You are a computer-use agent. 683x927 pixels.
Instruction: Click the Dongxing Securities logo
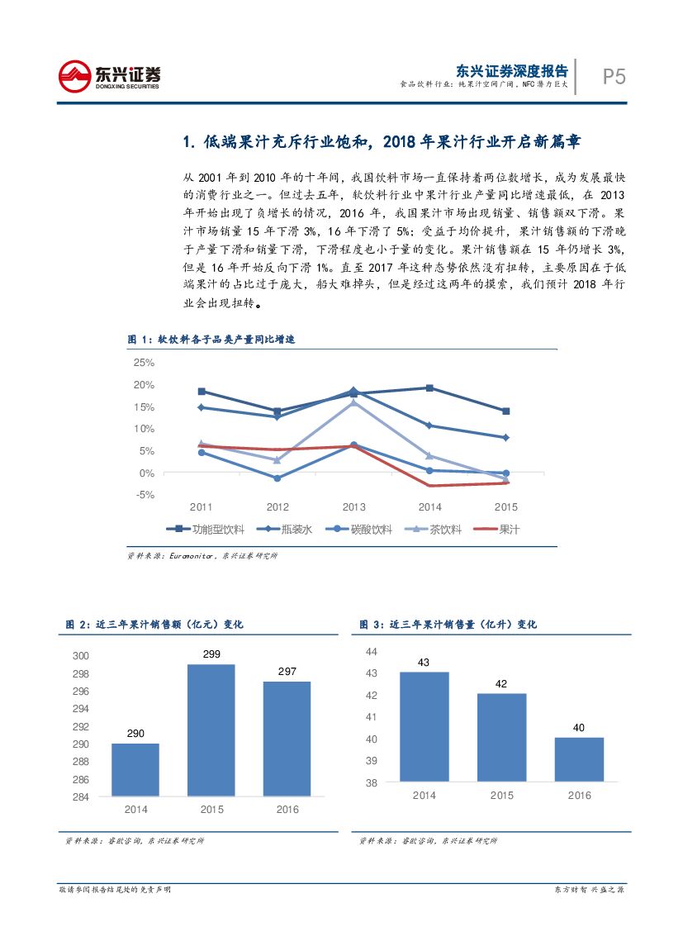(108, 76)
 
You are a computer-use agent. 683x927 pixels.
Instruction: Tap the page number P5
(614, 77)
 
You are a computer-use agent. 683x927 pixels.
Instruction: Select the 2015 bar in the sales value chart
(211, 730)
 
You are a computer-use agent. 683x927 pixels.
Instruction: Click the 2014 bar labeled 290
(135, 769)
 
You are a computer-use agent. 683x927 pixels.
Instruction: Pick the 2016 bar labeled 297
(287, 739)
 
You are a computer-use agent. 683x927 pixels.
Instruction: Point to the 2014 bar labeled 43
(425, 726)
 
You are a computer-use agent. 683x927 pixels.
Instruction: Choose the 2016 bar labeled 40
(579, 759)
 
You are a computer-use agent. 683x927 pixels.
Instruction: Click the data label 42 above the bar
(501, 684)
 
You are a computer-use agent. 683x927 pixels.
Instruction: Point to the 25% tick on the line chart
(144, 363)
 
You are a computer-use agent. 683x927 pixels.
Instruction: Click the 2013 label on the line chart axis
(353, 506)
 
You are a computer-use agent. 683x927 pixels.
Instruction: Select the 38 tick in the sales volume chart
(371, 782)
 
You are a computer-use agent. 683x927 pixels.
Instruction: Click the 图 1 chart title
(211, 340)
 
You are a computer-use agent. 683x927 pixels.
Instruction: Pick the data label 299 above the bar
(211, 654)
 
